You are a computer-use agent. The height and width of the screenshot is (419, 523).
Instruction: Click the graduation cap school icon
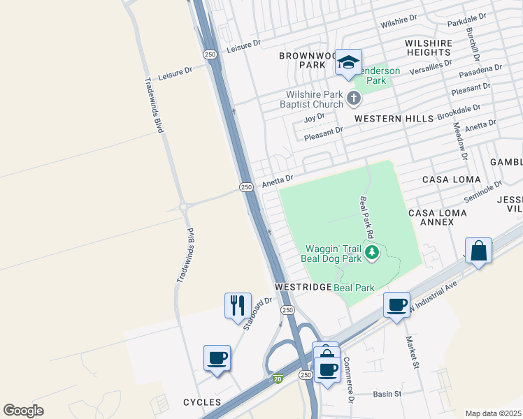(348, 64)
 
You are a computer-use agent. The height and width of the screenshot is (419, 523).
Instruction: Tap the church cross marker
(354, 98)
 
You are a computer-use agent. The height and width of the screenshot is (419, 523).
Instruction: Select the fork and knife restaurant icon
(237, 304)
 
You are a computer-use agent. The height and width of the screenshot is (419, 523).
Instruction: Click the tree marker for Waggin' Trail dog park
(373, 252)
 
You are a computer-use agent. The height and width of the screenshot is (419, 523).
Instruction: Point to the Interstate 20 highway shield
(278, 378)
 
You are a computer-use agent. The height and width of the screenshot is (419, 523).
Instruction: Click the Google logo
(23, 411)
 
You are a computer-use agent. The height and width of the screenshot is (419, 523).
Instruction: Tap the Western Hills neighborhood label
(394, 119)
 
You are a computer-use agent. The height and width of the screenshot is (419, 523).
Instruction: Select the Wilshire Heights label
(428, 47)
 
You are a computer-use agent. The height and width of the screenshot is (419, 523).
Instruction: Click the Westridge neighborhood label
(302, 287)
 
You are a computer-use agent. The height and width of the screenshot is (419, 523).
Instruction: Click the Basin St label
(387, 394)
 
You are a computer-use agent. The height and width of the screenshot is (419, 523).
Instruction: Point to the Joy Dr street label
(315, 117)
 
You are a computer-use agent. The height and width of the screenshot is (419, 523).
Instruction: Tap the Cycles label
(201, 402)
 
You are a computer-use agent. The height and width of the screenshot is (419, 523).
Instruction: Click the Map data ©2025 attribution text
(493, 413)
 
